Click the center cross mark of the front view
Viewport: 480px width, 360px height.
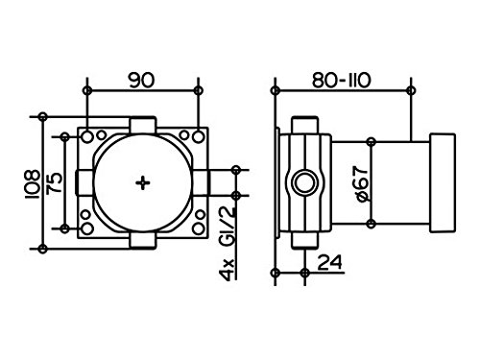[x=143, y=181]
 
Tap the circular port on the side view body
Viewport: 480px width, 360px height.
[x=305, y=182]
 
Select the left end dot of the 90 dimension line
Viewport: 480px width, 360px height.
[x=87, y=91]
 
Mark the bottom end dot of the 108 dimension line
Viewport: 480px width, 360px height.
[x=41, y=248]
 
